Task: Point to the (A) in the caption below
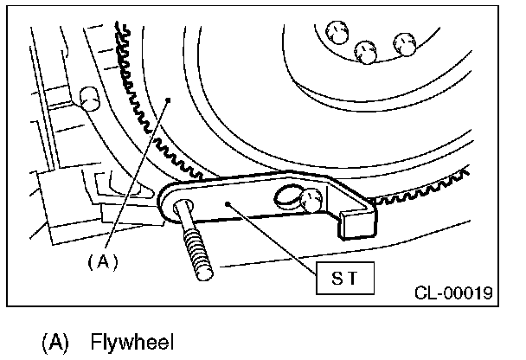pos(55,341)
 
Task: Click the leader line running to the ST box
pos(277,241)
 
